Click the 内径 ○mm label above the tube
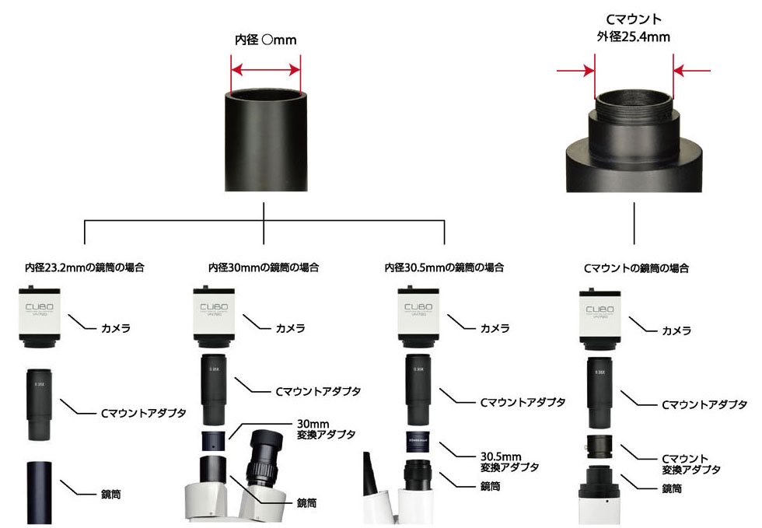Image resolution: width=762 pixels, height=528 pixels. (265, 40)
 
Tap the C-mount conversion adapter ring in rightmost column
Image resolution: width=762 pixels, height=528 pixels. (600, 447)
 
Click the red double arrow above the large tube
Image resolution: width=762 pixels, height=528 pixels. (265, 69)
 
